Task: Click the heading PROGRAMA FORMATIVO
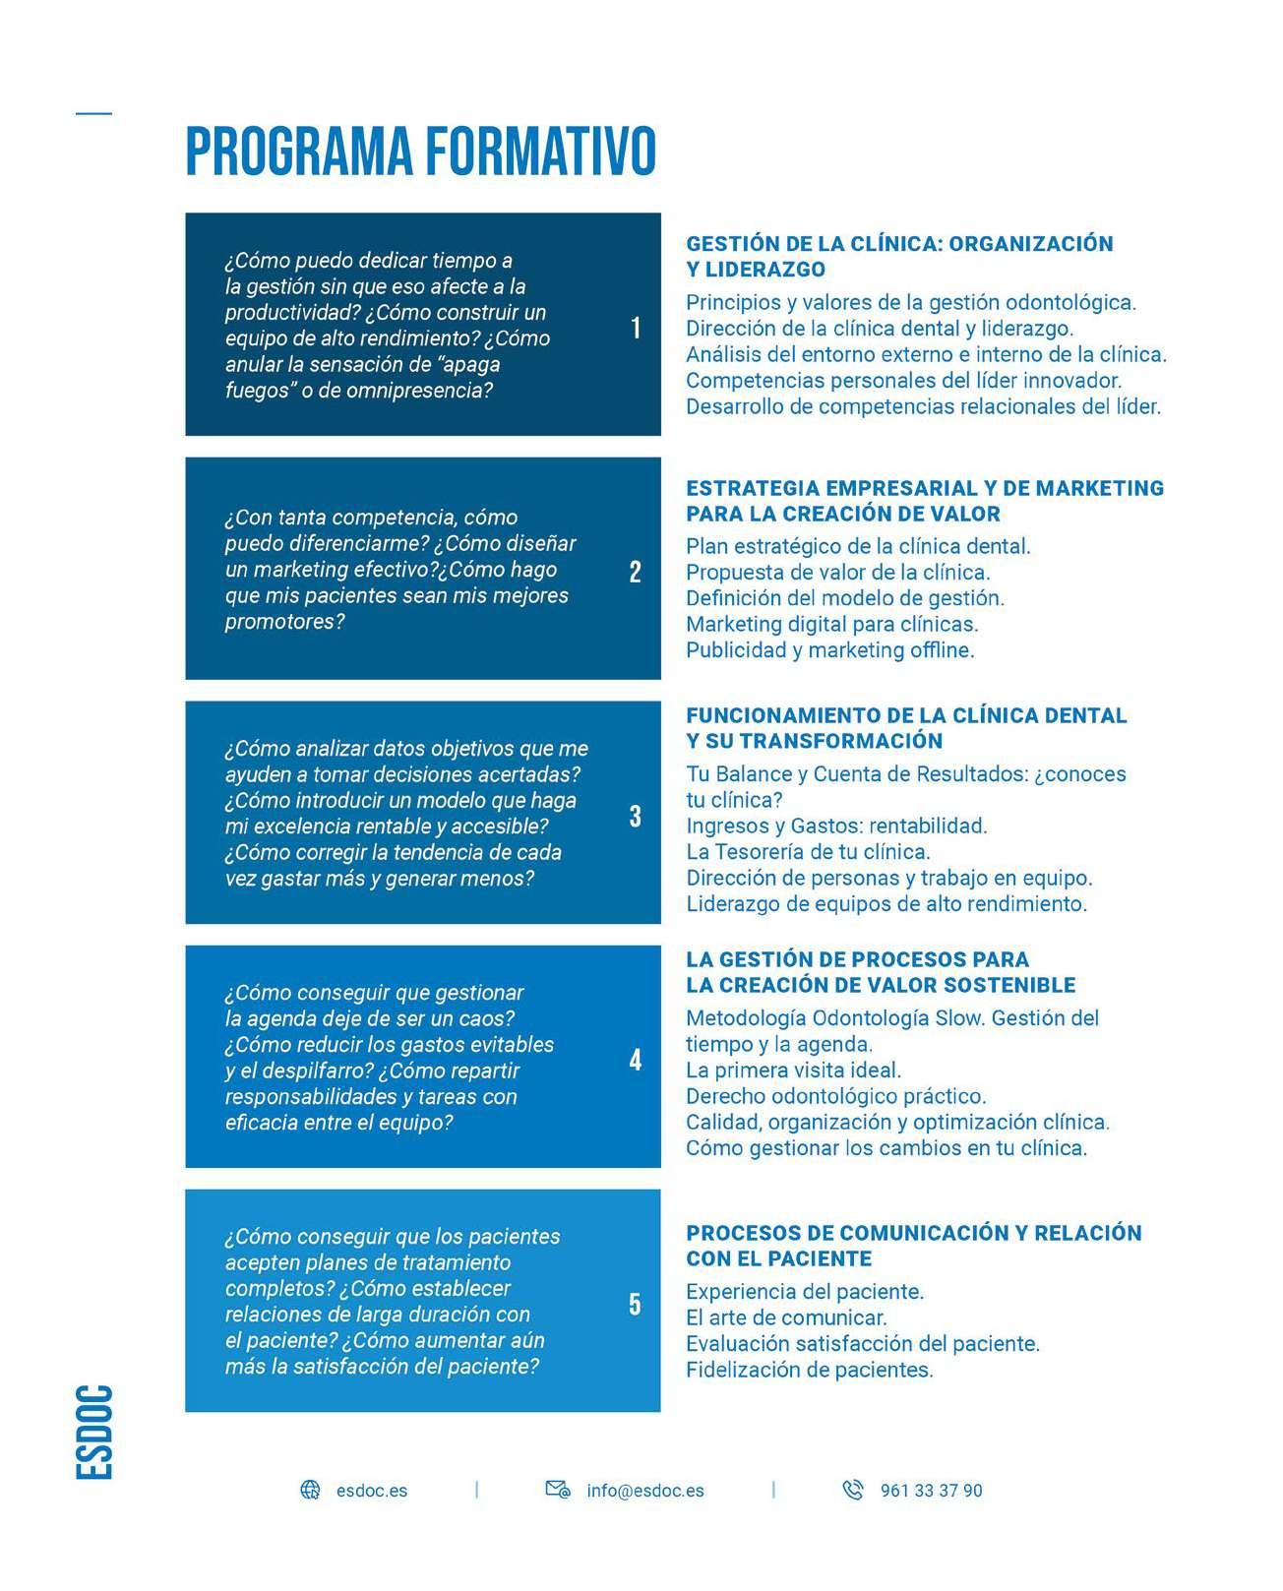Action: pos(420,151)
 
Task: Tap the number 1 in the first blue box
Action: pos(636,328)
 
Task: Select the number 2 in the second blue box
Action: pos(635,572)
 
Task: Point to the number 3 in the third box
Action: pos(635,816)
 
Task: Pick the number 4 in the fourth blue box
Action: pos(635,1060)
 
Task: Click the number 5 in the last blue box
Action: pos(635,1304)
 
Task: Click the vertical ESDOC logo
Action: pos(94,1432)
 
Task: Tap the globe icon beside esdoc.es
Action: pos(310,1490)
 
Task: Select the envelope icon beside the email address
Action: pos(558,1490)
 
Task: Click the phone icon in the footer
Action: pos(853,1490)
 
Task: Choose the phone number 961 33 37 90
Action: pos(931,1491)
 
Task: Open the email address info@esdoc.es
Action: pos(644,1491)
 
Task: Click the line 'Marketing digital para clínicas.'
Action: pos(831,624)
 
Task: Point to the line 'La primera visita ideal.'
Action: pos(793,1070)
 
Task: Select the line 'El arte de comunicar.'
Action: pos(786,1317)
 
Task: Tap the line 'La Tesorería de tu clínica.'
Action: pos(808,851)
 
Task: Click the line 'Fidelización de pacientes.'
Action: pos(809,1370)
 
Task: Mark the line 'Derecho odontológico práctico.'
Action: pos(835,1096)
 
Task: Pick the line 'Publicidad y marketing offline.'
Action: pos(829,650)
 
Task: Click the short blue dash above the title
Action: pos(94,113)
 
